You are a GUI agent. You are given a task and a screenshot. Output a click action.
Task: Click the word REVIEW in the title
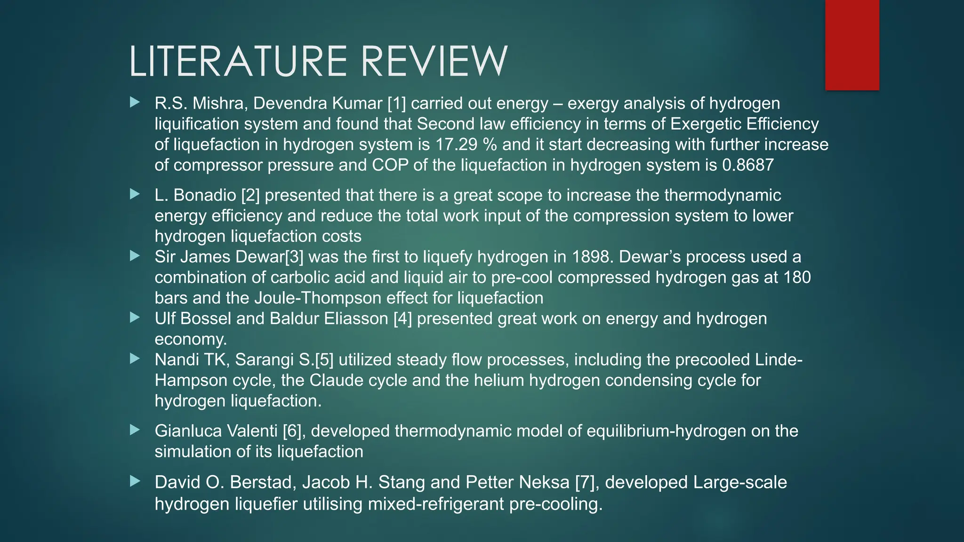coord(434,62)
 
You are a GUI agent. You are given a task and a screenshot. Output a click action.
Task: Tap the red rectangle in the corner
coord(852,45)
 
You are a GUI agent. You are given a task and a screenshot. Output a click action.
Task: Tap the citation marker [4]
coord(402,319)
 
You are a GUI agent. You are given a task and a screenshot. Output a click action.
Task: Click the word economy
coord(191,339)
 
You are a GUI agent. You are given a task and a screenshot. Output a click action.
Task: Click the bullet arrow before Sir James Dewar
coord(135,256)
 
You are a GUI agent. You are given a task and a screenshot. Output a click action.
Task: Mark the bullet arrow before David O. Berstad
coord(135,481)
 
